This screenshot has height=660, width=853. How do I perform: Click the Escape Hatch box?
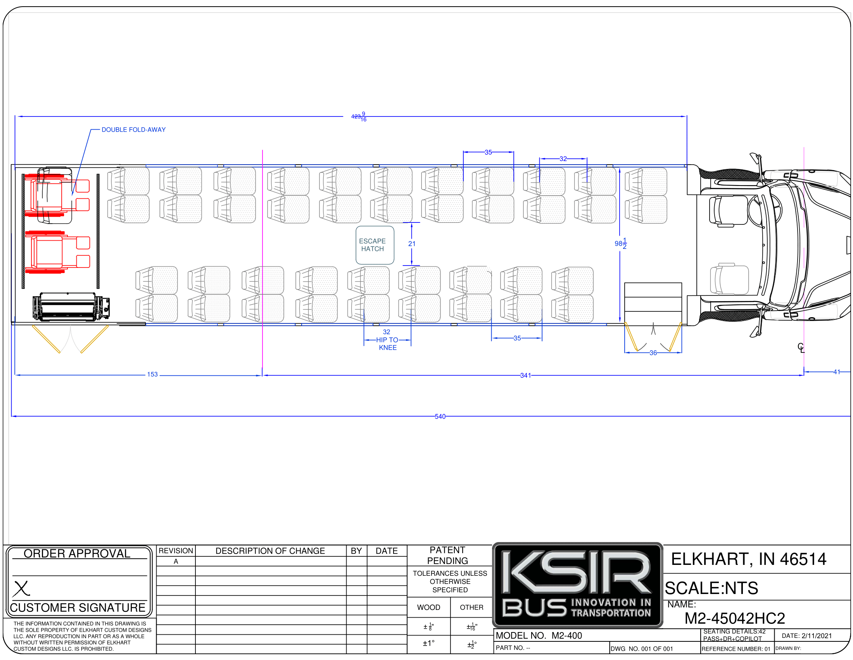[x=375, y=245]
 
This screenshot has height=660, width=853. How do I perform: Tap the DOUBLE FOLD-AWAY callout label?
[x=134, y=130]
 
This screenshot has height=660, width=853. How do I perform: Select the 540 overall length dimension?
[x=440, y=417]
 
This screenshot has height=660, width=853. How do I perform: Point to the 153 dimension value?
[x=152, y=375]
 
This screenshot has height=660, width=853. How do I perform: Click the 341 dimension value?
[x=525, y=375]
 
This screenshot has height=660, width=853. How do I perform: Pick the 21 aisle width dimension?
[x=412, y=243]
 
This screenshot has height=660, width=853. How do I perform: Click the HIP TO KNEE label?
[x=387, y=344]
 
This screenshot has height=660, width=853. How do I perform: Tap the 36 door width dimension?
[x=653, y=353]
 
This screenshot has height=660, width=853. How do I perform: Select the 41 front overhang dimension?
[x=836, y=372]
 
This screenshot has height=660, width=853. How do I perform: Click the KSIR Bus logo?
[x=578, y=585]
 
